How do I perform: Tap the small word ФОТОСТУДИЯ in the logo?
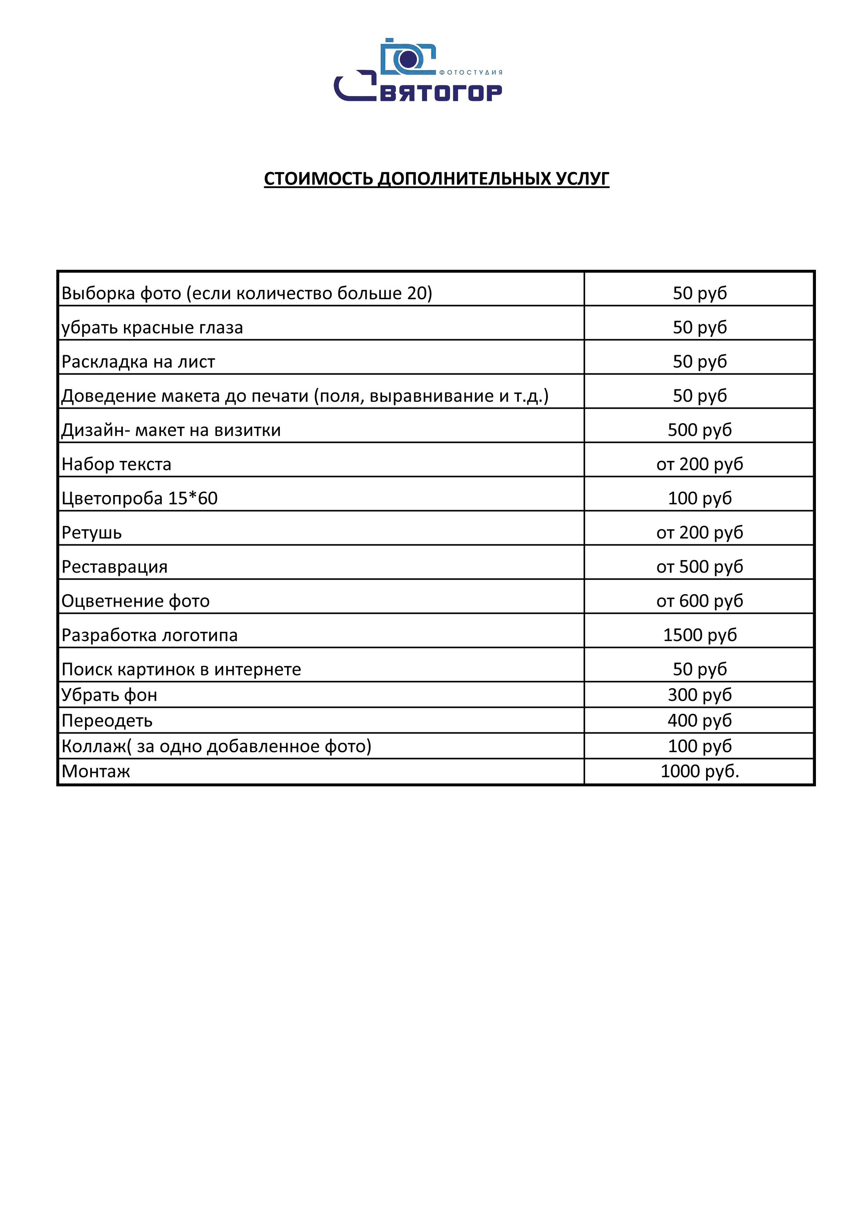pyautogui.click(x=471, y=72)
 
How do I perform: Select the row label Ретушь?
pyautogui.click(x=91, y=533)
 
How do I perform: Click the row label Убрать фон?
pyautogui.click(x=109, y=695)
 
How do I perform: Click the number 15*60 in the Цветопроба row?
pyautogui.click(x=193, y=498)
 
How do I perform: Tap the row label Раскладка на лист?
pyautogui.click(x=138, y=362)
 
